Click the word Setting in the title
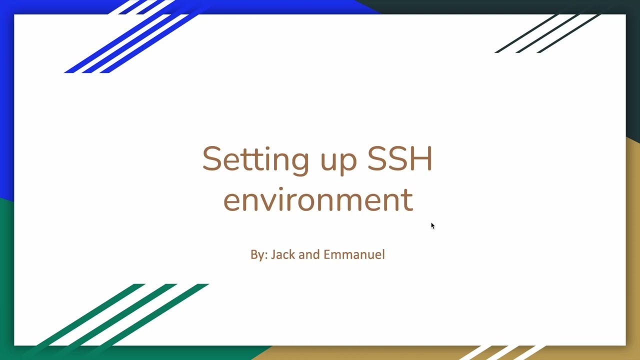coord(255,159)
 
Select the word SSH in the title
coord(399,158)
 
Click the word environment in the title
coord(318,200)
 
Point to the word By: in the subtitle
coord(259,255)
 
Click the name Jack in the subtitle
coord(282,254)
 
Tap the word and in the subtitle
coord(309,254)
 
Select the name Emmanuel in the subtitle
coord(354,254)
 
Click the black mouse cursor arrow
coord(432,226)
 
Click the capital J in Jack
coord(273,255)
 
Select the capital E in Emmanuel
coord(326,254)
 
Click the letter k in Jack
coord(292,254)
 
